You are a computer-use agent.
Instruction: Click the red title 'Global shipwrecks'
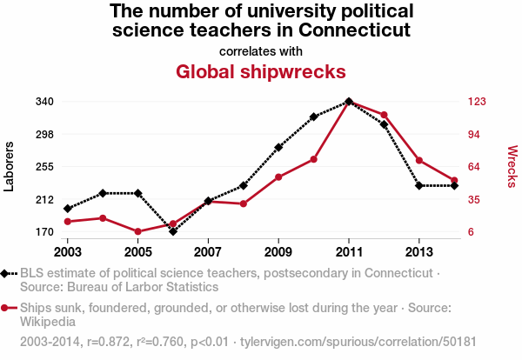coord(261,70)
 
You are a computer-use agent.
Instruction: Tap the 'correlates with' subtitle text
coord(261,50)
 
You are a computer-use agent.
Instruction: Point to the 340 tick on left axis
coord(45,101)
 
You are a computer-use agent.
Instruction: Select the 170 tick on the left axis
coord(45,232)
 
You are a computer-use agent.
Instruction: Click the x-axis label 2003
coord(67,251)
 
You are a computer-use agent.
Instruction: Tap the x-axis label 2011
coord(348,251)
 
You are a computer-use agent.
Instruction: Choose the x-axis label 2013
coord(418,251)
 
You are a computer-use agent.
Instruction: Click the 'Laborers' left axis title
coord(10,166)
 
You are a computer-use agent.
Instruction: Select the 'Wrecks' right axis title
coord(512,166)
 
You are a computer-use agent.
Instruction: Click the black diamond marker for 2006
coord(173,231)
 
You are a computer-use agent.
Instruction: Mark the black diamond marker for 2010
coord(313,117)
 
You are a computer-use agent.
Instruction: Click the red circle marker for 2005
coord(137,231)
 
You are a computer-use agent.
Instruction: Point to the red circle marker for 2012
coord(384,115)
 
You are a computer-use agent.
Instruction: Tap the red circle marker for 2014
coord(454,181)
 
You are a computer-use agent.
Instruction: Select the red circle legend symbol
coord(10,308)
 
